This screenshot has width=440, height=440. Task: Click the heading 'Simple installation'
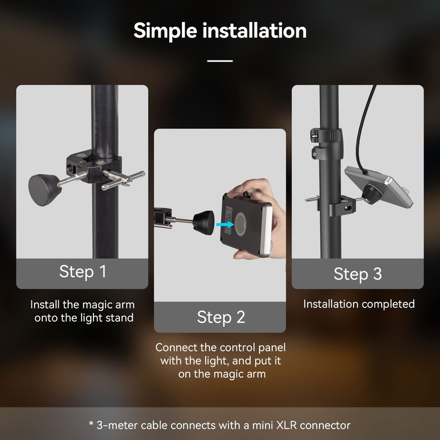220,30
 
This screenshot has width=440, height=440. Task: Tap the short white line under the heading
220,61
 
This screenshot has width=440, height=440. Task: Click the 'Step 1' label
82,271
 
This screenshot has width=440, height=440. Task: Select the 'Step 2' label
220,317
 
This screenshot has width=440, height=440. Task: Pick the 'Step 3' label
358,273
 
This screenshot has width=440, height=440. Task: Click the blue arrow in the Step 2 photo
223,224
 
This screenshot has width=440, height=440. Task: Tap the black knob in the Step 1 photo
42,186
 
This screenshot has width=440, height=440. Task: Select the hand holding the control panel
258,193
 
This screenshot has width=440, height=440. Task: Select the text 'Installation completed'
359,304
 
